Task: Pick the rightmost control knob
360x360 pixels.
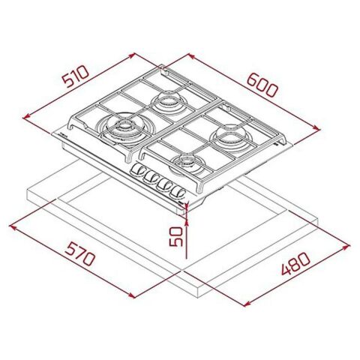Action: (x=178, y=193)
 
